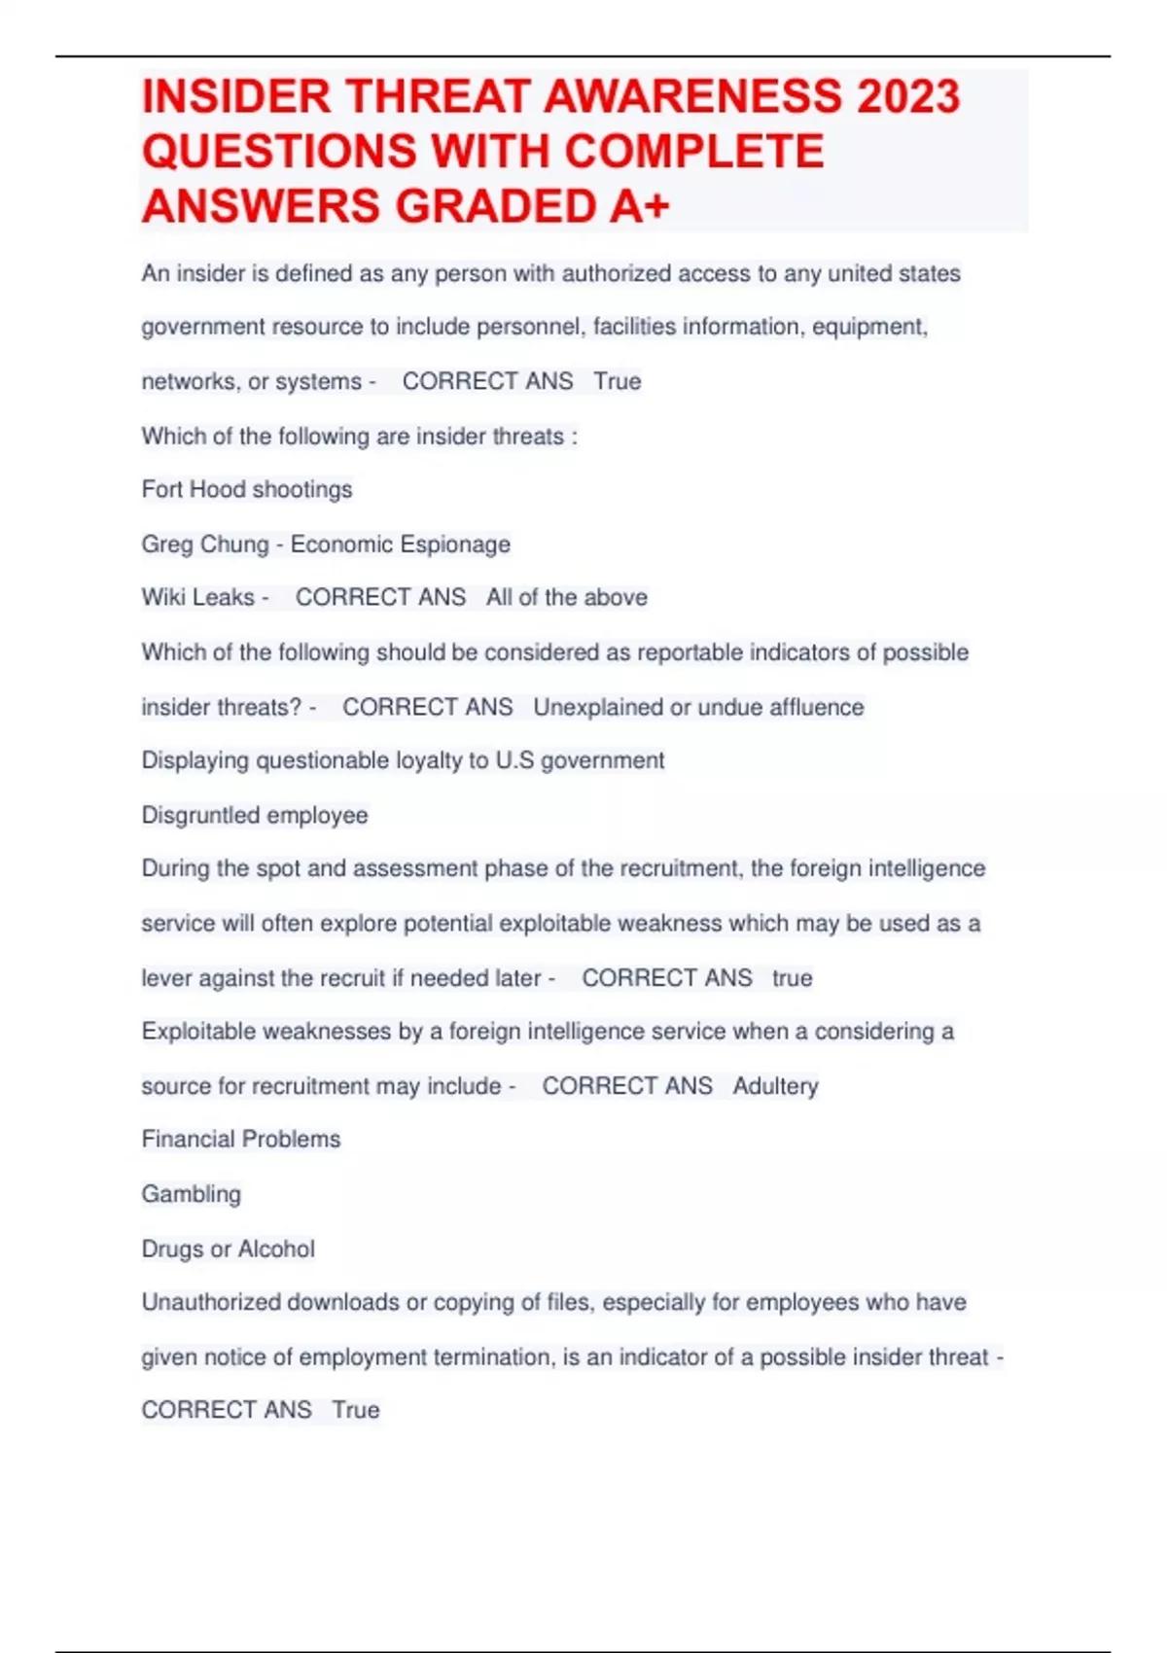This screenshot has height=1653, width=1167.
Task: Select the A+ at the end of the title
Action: [x=639, y=206]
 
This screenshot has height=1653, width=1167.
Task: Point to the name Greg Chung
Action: [x=205, y=544]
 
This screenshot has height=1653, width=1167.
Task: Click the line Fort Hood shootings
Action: [x=247, y=489]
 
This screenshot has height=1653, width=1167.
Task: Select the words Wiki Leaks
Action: [x=198, y=597]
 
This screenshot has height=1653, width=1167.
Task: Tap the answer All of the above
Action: [x=567, y=597]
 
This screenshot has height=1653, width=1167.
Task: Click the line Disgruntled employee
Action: [x=255, y=815]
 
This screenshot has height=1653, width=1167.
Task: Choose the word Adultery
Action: [x=775, y=1085]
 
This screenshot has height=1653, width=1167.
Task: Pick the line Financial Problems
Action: [x=241, y=1139]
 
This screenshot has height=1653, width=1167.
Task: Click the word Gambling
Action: [x=192, y=1194]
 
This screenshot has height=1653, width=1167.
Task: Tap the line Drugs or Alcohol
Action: [x=229, y=1249]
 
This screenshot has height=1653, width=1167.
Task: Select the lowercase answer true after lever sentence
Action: [x=792, y=977]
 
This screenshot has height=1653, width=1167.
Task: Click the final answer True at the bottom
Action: [x=356, y=1410]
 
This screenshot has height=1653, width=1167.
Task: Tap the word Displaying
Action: [x=195, y=760]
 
